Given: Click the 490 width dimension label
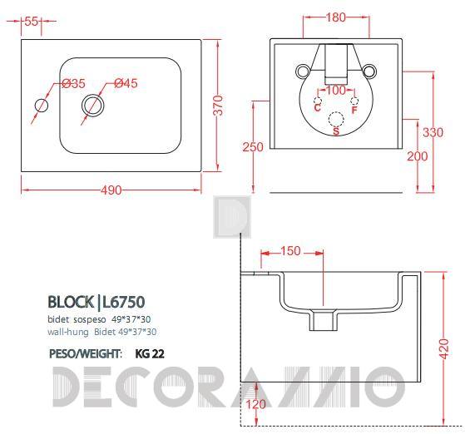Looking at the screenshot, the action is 111,190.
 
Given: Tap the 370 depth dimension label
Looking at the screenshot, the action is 218,106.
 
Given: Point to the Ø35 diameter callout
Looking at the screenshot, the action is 74,84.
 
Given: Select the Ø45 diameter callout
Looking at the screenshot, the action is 126,83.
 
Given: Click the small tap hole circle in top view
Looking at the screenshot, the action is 42,106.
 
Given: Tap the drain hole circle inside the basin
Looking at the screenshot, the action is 93,106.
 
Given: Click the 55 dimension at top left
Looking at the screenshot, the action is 31,22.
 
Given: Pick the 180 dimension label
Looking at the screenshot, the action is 336,17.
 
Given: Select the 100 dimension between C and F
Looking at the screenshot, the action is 336,90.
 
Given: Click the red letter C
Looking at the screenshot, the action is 317,107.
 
